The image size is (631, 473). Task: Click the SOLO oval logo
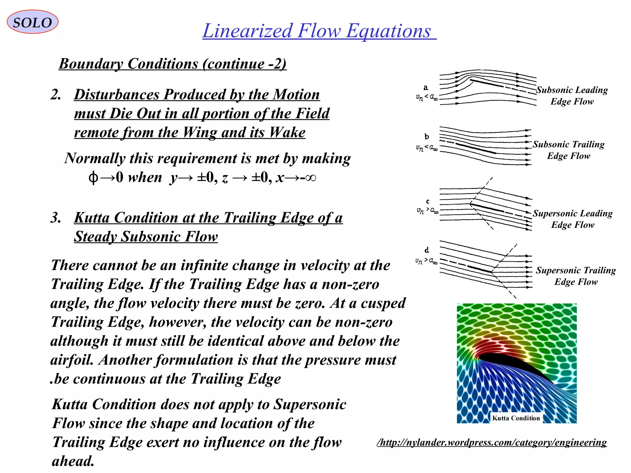pyautogui.click(x=32, y=22)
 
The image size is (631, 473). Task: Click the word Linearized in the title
pyautogui.click(x=247, y=31)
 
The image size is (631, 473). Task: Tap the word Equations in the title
pyautogui.click(x=388, y=31)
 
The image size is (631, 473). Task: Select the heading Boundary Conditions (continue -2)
pyautogui.click(x=173, y=64)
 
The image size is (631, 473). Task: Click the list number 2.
pyautogui.click(x=55, y=95)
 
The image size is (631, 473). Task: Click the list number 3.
pyautogui.click(x=55, y=218)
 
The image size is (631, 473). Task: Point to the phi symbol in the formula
pyautogui.click(x=93, y=178)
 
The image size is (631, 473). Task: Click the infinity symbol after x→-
pyautogui.click(x=311, y=178)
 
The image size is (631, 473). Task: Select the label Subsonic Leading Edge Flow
pyautogui.click(x=572, y=95)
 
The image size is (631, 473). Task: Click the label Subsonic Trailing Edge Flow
pyautogui.click(x=569, y=150)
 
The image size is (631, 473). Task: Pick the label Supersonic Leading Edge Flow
pyautogui.click(x=573, y=219)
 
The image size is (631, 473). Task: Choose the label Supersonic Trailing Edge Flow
pyautogui.click(x=576, y=276)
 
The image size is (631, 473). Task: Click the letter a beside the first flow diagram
pyautogui.click(x=426, y=88)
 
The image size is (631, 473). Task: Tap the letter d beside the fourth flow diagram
pyautogui.click(x=427, y=250)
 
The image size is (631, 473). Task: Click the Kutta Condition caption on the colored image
pyautogui.click(x=516, y=418)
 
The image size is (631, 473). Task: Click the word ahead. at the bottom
pyautogui.click(x=73, y=461)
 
